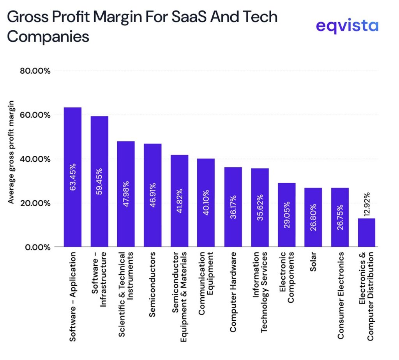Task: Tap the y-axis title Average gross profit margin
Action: point(11,152)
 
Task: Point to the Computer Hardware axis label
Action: point(233,292)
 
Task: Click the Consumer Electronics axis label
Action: point(340,295)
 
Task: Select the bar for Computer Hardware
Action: point(233,206)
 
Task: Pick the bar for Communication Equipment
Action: point(206,202)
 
